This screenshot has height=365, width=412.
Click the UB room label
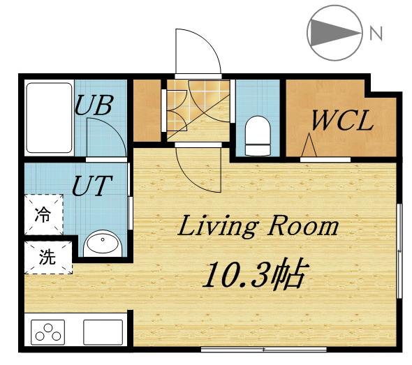click(94, 105)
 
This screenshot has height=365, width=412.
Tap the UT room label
click(92, 186)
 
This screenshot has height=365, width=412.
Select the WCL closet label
click(342, 121)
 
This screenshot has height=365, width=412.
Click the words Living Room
click(258, 226)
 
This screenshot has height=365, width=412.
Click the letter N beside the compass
click(376, 33)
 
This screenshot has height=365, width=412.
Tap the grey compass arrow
click(335, 33)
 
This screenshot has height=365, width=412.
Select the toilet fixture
click(258, 135)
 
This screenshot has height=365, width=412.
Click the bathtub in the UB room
click(49, 118)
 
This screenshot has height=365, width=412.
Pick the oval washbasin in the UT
click(103, 244)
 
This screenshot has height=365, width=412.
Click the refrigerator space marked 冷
click(43, 214)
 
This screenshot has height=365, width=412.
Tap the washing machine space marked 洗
click(48, 258)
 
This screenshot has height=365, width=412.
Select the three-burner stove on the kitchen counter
click(47, 332)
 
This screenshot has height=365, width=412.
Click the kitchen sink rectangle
click(103, 332)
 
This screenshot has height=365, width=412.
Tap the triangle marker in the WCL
click(309, 145)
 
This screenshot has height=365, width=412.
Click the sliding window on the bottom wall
click(264, 350)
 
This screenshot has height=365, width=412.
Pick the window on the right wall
click(399, 251)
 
